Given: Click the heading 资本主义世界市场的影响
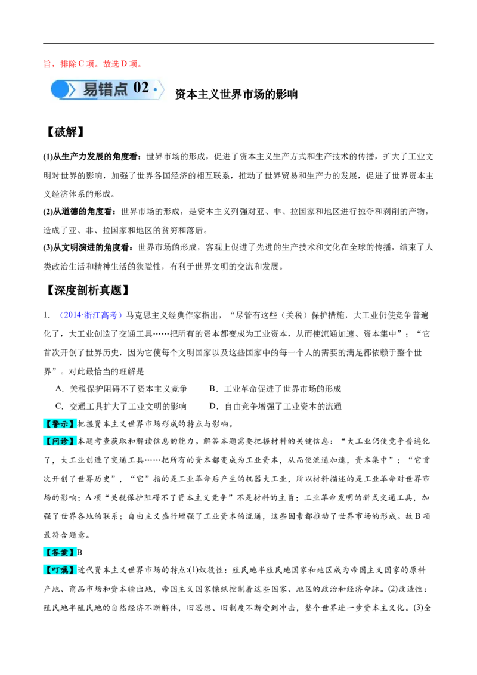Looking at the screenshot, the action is pyautogui.click(x=236, y=94).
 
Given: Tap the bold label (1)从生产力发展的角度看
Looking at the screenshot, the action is pyautogui.click(x=92, y=156).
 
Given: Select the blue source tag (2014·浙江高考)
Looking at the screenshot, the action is pyautogui.click(x=91, y=315).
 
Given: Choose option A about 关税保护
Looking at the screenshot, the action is pyautogui.click(x=122, y=389).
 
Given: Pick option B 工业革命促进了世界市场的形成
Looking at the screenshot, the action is pyautogui.click(x=275, y=389).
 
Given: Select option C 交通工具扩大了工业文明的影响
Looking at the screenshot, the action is pyautogui.click(x=121, y=407).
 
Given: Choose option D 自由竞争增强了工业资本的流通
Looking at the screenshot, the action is pyautogui.click(x=275, y=407).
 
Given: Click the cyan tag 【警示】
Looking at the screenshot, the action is pyautogui.click(x=60, y=423).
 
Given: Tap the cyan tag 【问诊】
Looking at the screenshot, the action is pyautogui.click(x=60, y=441).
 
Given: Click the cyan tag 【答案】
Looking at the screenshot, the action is pyautogui.click(x=60, y=552).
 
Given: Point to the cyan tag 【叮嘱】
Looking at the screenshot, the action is pyautogui.click(x=60, y=570).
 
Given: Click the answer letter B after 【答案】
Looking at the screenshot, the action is pyautogui.click(x=80, y=552).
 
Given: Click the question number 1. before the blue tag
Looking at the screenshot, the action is pyautogui.click(x=47, y=315).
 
